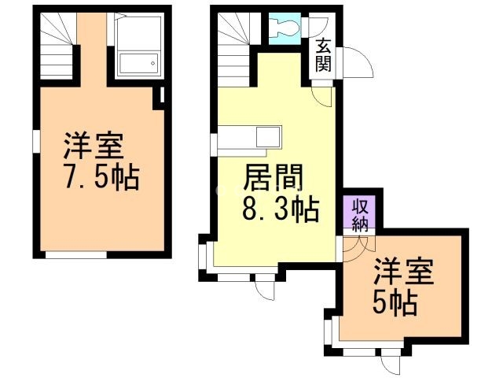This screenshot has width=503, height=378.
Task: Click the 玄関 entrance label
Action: tap(323, 54)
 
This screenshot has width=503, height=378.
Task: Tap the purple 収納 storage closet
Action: tap(359, 212)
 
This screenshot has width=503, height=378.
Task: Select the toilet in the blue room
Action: tap(285, 28)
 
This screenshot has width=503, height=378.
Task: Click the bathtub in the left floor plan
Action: tap(138, 63)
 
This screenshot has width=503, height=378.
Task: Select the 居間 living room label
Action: tap(274, 176)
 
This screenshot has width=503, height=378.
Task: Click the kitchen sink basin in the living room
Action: tap(269, 136)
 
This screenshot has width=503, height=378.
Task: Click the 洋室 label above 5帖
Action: tap(403, 272)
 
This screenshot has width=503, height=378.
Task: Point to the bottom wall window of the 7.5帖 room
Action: tap(76, 255)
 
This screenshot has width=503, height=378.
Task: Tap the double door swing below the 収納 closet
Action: tap(358, 243)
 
